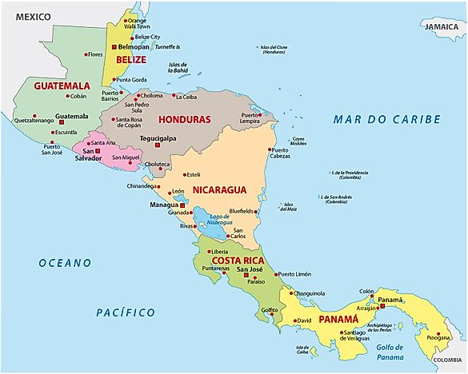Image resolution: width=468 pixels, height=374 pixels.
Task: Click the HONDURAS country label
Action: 185,120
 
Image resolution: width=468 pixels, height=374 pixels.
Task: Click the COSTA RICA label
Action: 238,261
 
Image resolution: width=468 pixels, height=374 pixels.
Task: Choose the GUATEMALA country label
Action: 61,85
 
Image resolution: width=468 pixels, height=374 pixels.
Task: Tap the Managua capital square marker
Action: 182,205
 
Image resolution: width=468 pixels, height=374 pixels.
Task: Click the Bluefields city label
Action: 241,211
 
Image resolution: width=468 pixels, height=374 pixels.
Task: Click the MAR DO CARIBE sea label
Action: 386,119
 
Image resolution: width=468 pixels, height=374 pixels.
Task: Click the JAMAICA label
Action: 441,26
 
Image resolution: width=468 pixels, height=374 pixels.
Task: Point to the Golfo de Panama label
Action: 392,347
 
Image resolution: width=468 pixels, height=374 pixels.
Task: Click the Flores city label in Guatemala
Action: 95,54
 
